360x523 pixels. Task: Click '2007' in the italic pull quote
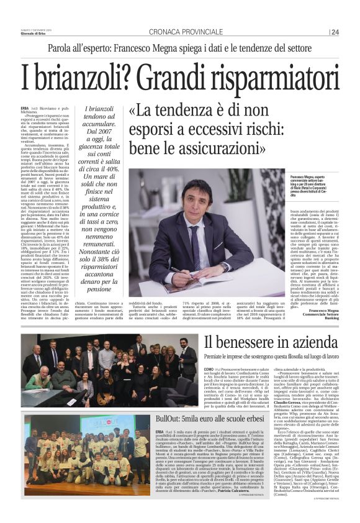pos(107,133)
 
